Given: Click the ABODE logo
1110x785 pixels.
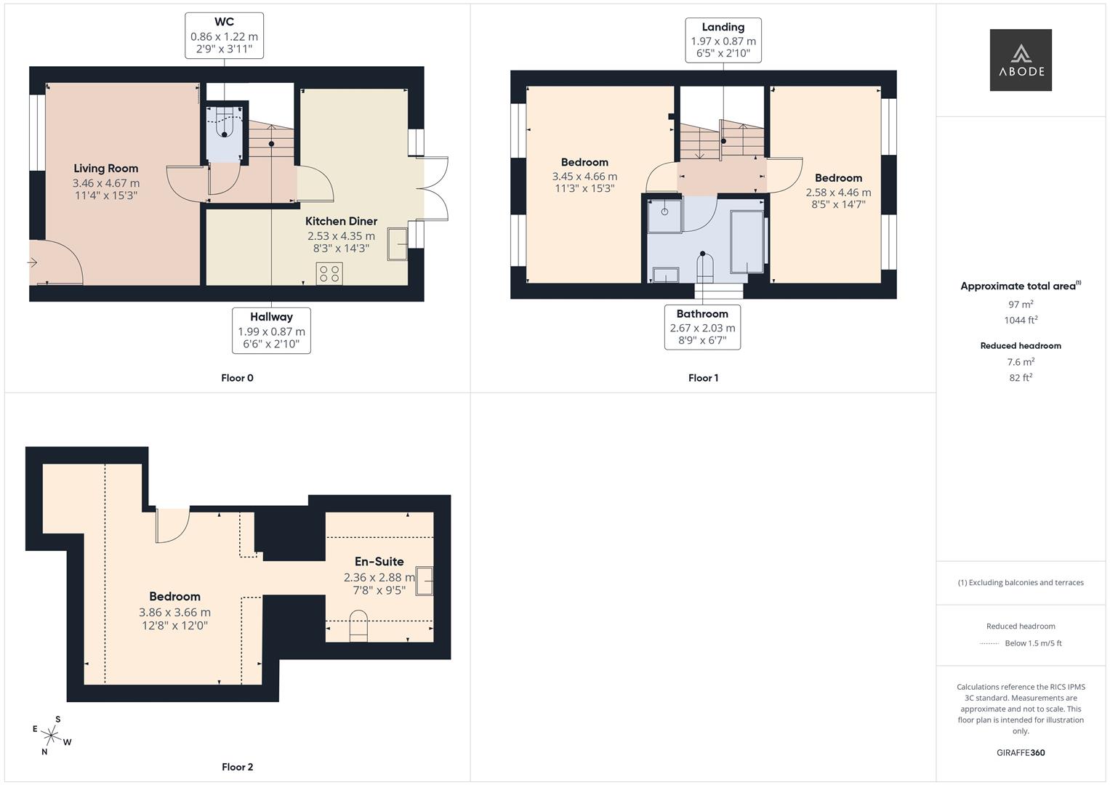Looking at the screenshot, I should coord(1020,60).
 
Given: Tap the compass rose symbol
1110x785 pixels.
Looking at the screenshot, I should coord(51,736).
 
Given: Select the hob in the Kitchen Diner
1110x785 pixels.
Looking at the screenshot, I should coord(329,273).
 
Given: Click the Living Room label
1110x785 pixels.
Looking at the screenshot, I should coord(105,168).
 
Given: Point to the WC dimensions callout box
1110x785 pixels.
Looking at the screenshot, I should coord(224,35).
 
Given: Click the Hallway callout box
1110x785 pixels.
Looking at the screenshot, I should coord(271,330).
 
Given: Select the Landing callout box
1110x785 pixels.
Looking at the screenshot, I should coord(723,40).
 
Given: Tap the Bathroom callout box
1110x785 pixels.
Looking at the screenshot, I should coord(702,326).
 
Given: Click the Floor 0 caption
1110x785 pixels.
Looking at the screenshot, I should coord(237,378).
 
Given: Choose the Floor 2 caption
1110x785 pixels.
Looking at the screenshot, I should coord(237,767).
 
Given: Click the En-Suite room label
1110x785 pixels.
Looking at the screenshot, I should coord(379,561).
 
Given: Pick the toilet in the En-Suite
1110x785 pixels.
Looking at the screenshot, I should coord(358,626).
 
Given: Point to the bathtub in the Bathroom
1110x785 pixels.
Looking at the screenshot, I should coord(747,241).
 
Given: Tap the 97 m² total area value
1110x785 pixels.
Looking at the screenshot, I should coord(1021,305).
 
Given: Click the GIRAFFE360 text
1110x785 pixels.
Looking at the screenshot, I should coord(1021,752).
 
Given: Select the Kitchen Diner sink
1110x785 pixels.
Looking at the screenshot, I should coord(398,243).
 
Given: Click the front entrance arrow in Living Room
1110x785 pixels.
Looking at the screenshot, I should coord(33,262).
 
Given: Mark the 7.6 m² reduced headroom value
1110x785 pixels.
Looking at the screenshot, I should coord(1021,361).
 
